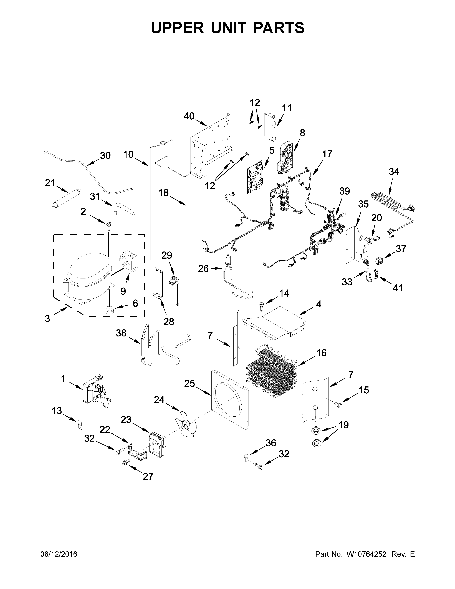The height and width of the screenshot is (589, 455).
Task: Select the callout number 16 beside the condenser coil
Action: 322,353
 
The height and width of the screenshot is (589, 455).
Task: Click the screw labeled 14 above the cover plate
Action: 261,305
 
